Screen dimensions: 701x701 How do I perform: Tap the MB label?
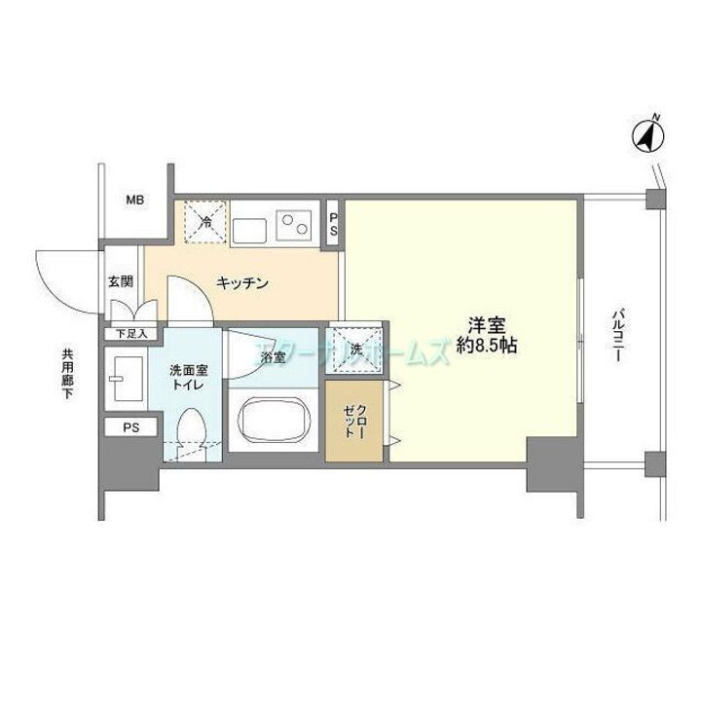tap(134, 202)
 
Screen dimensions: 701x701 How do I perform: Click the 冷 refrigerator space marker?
tap(205, 221)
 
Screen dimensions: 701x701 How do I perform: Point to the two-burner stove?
tap(293, 224)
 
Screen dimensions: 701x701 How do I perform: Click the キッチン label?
tap(242, 283)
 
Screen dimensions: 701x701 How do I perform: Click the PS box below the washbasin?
tap(130, 427)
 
